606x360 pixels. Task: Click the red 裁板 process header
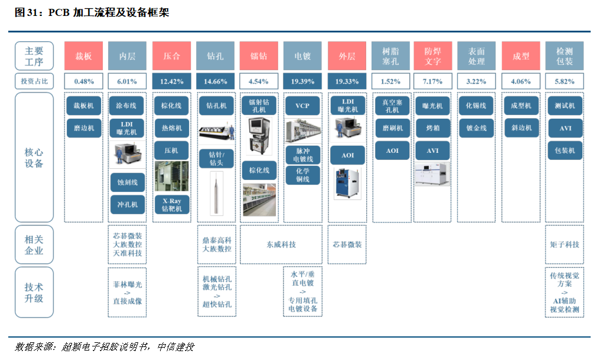click(x=84, y=56)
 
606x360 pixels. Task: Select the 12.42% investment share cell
click(x=171, y=81)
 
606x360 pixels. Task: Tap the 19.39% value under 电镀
click(x=302, y=81)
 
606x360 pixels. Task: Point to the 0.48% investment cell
click(x=84, y=81)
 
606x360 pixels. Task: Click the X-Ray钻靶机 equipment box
click(x=171, y=204)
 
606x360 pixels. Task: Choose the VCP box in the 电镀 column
click(x=302, y=106)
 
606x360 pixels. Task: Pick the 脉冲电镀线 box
click(x=302, y=154)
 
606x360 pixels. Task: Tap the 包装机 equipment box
click(x=565, y=150)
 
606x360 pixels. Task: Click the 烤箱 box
click(x=433, y=128)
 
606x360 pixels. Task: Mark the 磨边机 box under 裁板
click(x=84, y=128)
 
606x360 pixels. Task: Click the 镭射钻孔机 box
click(x=259, y=106)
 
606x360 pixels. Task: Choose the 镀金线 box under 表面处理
click(x=477, y=128)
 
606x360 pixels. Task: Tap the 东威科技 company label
click(x=281, y=244)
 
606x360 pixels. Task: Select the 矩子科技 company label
click(x=565, y=244)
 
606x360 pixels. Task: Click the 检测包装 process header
click(x=565, y=56)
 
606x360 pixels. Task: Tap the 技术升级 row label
click(x=34, y=293)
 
